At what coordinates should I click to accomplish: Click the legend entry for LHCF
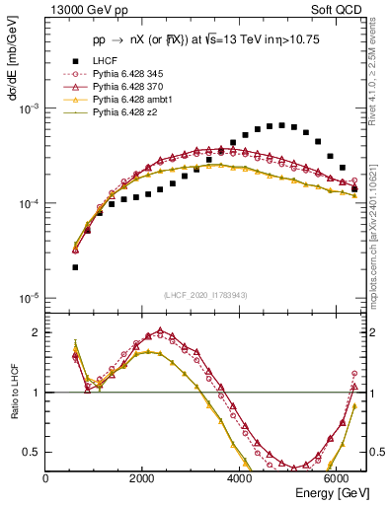point(105,61)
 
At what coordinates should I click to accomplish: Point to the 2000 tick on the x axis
point(142,478)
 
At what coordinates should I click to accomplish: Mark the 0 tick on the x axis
point(46,478)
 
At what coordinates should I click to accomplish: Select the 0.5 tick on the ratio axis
point(33,453)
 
